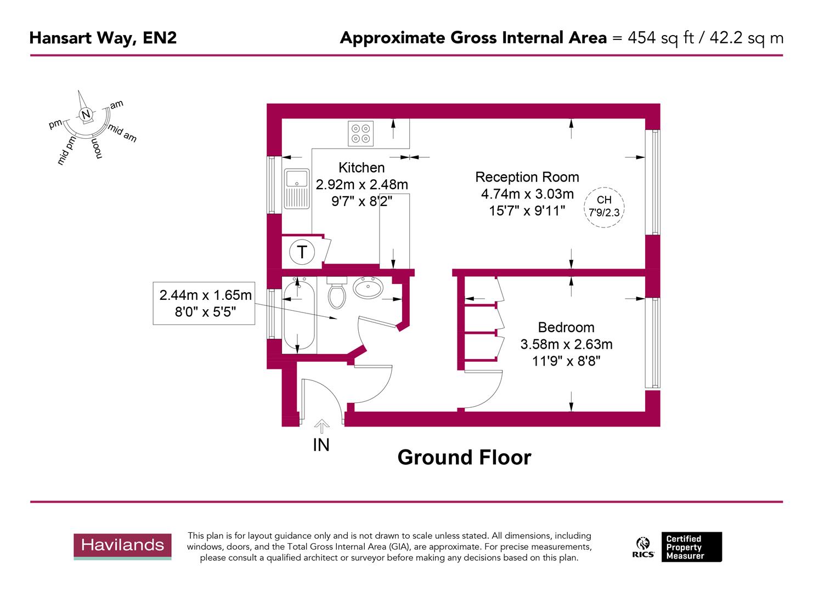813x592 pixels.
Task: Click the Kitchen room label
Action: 362,168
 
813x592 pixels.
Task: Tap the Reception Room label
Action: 527,177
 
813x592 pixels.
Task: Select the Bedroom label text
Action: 566,327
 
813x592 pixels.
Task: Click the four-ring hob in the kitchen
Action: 361,133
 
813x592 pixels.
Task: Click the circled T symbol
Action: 302,252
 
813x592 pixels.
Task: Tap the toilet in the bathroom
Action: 336,293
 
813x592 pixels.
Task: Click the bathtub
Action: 298,315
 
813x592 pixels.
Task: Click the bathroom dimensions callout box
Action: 204,303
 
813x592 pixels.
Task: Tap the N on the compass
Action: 85,115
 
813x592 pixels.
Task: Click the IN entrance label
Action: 321,445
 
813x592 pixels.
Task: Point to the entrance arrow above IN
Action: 321,425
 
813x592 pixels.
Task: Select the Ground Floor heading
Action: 464,457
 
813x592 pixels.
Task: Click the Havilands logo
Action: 123,545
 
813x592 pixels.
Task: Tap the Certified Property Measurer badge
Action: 691,547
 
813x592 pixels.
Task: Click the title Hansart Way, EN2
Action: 103,38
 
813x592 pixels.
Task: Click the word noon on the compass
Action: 97,147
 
